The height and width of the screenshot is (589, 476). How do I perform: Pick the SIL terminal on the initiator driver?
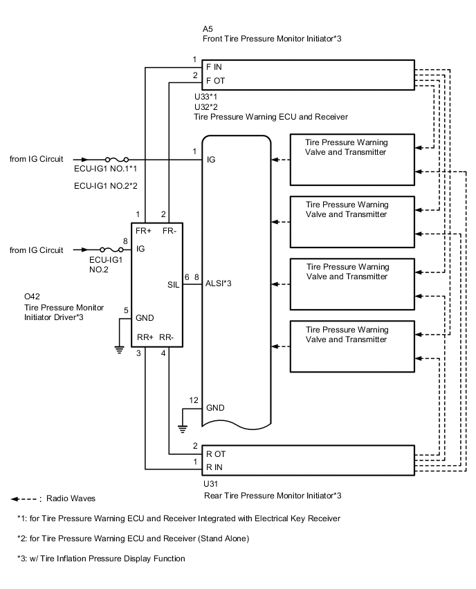174,283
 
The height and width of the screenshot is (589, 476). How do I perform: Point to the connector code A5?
208,29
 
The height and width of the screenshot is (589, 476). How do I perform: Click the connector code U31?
210,483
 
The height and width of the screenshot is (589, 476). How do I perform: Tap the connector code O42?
33,298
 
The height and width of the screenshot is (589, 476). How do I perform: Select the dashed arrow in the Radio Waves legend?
24,498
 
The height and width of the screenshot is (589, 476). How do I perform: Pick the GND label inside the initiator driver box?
146,318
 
